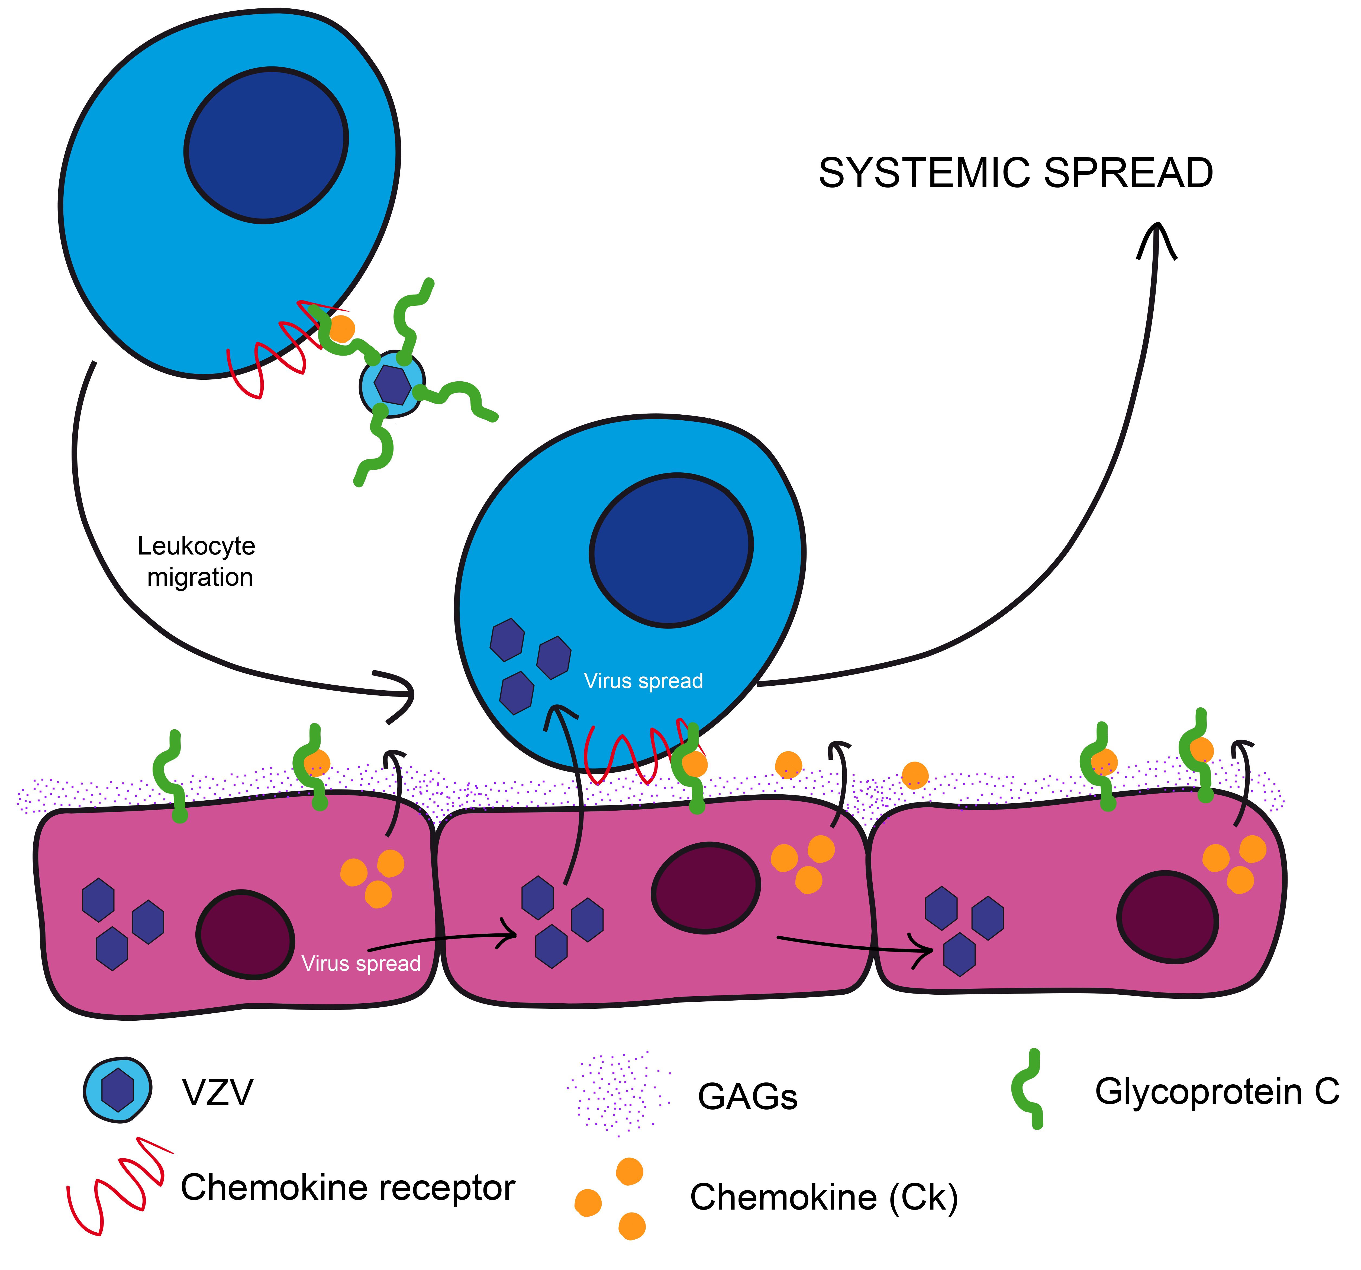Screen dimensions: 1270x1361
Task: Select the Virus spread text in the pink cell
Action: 361,963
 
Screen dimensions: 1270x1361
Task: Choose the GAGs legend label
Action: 748,1096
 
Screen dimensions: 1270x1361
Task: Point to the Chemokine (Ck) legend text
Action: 824,1197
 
